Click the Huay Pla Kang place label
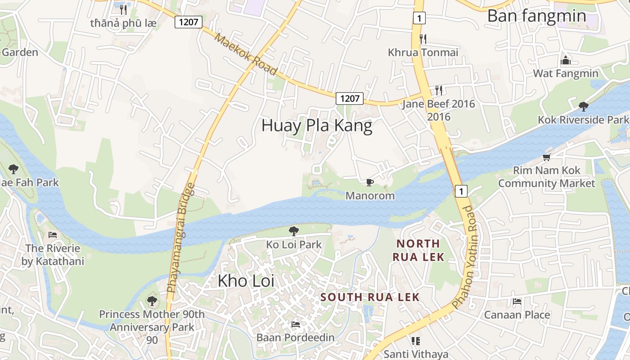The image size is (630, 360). coord(317,126)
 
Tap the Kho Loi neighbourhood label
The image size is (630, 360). coord(246,281)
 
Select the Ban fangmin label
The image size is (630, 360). coord(536,16)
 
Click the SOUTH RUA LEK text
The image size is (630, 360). coord(370,297)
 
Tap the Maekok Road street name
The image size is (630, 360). coord(245,54)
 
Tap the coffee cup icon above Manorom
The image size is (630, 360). coord(369,182)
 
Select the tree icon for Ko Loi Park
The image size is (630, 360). coord(294,231)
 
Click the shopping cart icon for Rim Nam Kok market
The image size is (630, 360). coord(546,157)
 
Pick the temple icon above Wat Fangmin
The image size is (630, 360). coord(565,60)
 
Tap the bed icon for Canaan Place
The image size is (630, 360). coord(517,301)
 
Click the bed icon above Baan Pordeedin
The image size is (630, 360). coord(295,324)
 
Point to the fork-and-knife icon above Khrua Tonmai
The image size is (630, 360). coord(423,39)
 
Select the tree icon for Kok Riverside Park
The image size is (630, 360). coord(583,107)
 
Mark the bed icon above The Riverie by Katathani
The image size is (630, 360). coord(53,234)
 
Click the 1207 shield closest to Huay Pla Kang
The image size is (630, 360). coord(349,98)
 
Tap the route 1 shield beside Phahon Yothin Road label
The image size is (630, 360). coord(460,191)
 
